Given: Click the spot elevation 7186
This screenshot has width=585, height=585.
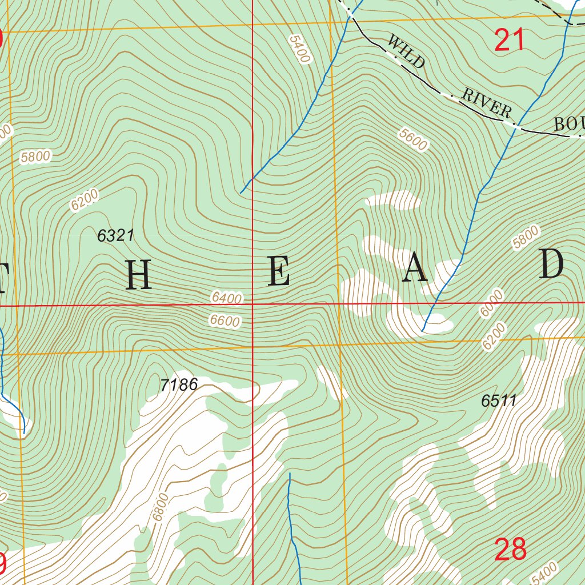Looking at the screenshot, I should [x=179, y=385].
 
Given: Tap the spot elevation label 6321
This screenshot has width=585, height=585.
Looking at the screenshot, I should [x=115, y=235].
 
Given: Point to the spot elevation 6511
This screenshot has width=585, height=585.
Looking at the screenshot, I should [x=498, y=401].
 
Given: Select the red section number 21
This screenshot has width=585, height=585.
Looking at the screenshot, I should [x=510, y=41].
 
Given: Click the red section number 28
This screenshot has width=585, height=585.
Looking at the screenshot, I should [x=510, y=550].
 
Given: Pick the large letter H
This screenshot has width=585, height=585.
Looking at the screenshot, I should [x=138, y=275].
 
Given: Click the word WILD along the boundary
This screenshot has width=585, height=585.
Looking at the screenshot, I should [x=406, y=51].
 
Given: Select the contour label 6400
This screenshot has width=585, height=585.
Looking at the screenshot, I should [x=226, y=298].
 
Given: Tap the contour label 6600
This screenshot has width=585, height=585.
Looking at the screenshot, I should [x=225, y=321].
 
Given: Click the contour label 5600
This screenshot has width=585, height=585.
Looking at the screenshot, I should [x=413, y=139].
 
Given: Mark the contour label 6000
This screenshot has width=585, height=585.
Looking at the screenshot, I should [x=492, y=303].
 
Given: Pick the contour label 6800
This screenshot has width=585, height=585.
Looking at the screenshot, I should [x=161, y=507].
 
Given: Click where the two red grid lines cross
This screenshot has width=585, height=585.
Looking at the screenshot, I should [x=253, y=305].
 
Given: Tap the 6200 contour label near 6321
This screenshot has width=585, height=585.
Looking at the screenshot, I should [x=85, y=200].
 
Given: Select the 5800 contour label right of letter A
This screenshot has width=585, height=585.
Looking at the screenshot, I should [x=526, y=238].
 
